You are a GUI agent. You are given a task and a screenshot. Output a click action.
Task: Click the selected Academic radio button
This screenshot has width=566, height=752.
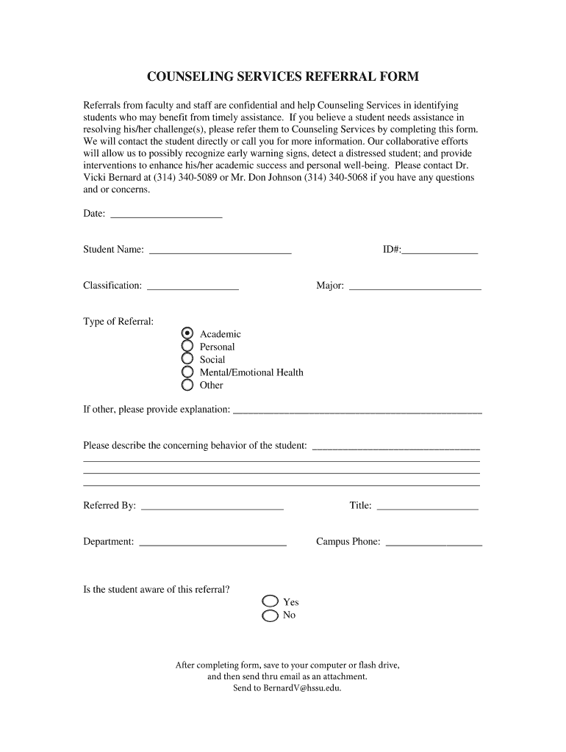click(187, 333)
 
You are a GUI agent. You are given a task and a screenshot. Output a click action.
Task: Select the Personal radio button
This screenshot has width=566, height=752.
click(187, 347)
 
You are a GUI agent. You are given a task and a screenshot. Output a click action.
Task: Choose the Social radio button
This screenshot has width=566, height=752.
click(187, 359)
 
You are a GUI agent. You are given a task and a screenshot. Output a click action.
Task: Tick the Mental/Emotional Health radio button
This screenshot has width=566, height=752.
click(187, 372)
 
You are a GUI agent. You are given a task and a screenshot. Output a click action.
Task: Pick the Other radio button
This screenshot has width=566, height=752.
click(187, 385)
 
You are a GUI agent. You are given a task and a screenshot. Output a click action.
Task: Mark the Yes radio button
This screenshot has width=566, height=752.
click(271, 602)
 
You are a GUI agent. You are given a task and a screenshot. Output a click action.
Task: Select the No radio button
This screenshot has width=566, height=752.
click(271, 615)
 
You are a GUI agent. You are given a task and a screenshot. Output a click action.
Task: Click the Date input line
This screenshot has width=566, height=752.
click(165, 214)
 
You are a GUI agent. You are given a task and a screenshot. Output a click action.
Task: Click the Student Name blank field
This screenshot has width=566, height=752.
click(220, 250)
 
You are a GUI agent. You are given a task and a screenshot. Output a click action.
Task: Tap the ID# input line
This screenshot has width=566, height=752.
click(440, 250)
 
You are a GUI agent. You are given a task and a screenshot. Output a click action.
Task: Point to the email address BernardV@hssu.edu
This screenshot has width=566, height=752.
click(302, 688)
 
